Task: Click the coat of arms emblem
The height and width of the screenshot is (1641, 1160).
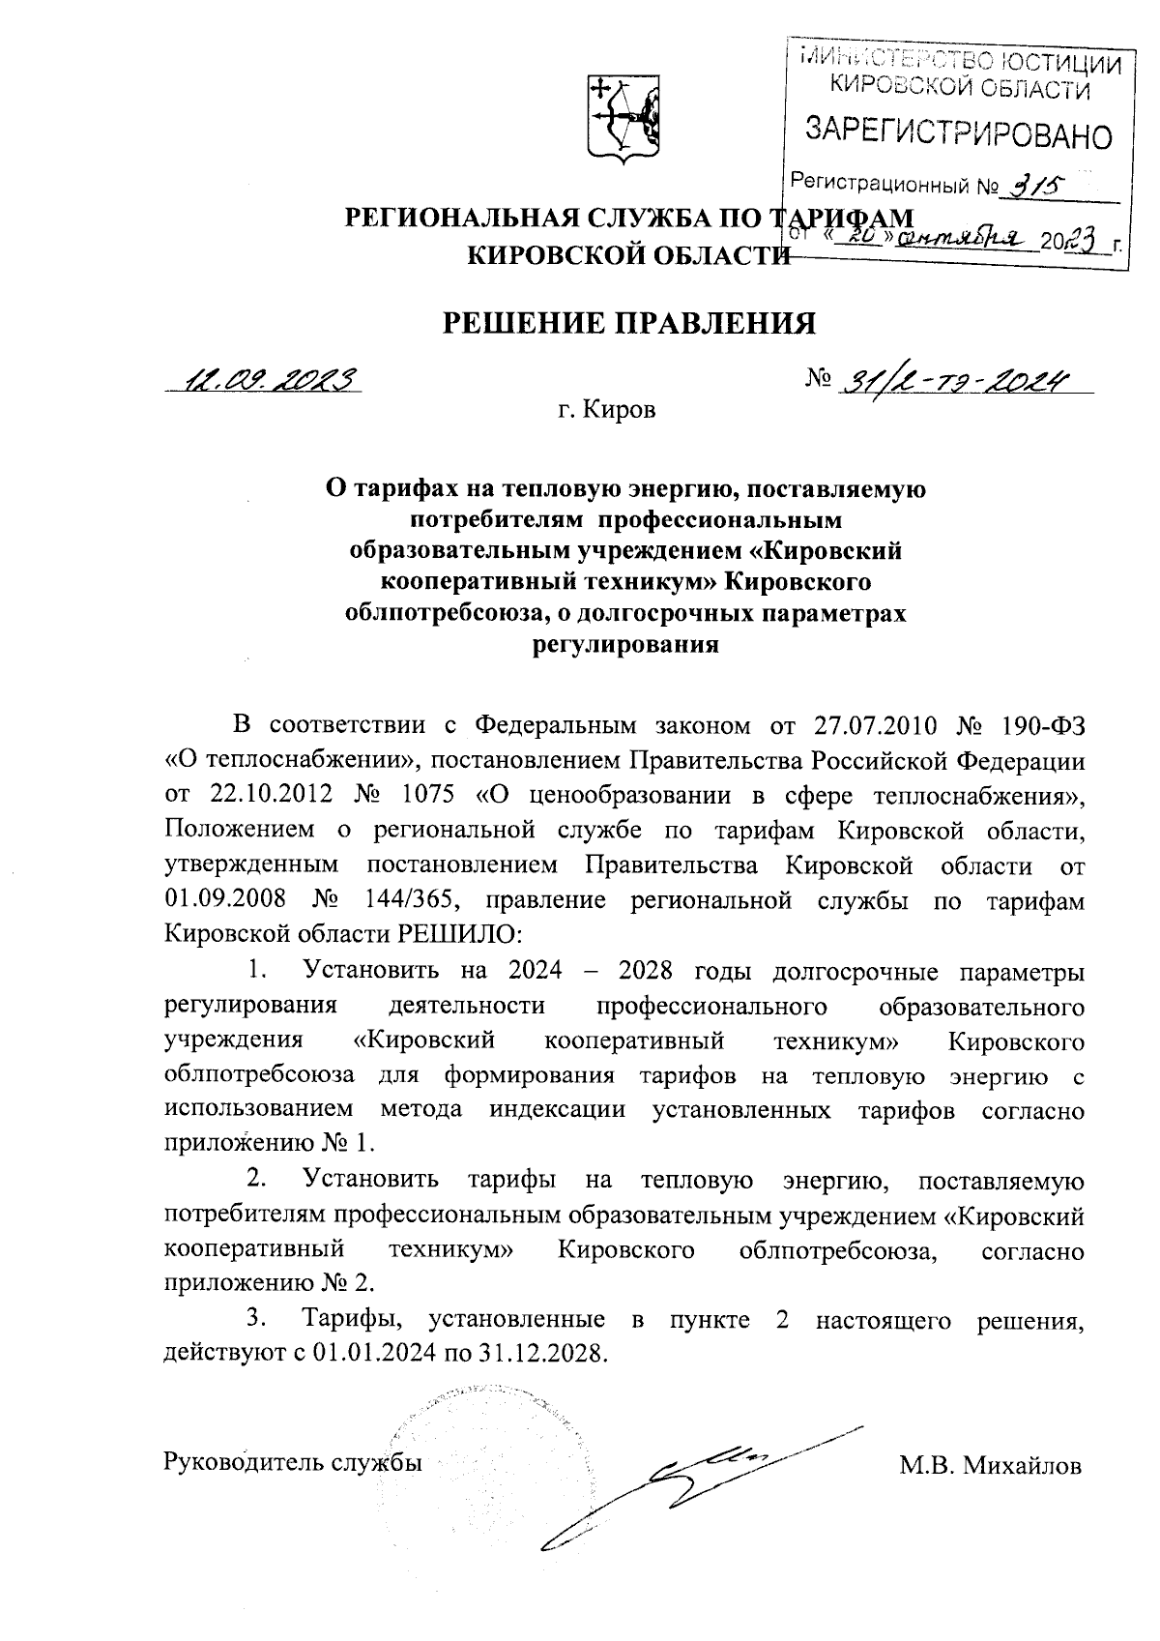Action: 623,120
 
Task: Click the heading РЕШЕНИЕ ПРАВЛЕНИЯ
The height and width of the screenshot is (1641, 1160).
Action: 628,323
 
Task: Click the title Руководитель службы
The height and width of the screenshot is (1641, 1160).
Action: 295,1461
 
